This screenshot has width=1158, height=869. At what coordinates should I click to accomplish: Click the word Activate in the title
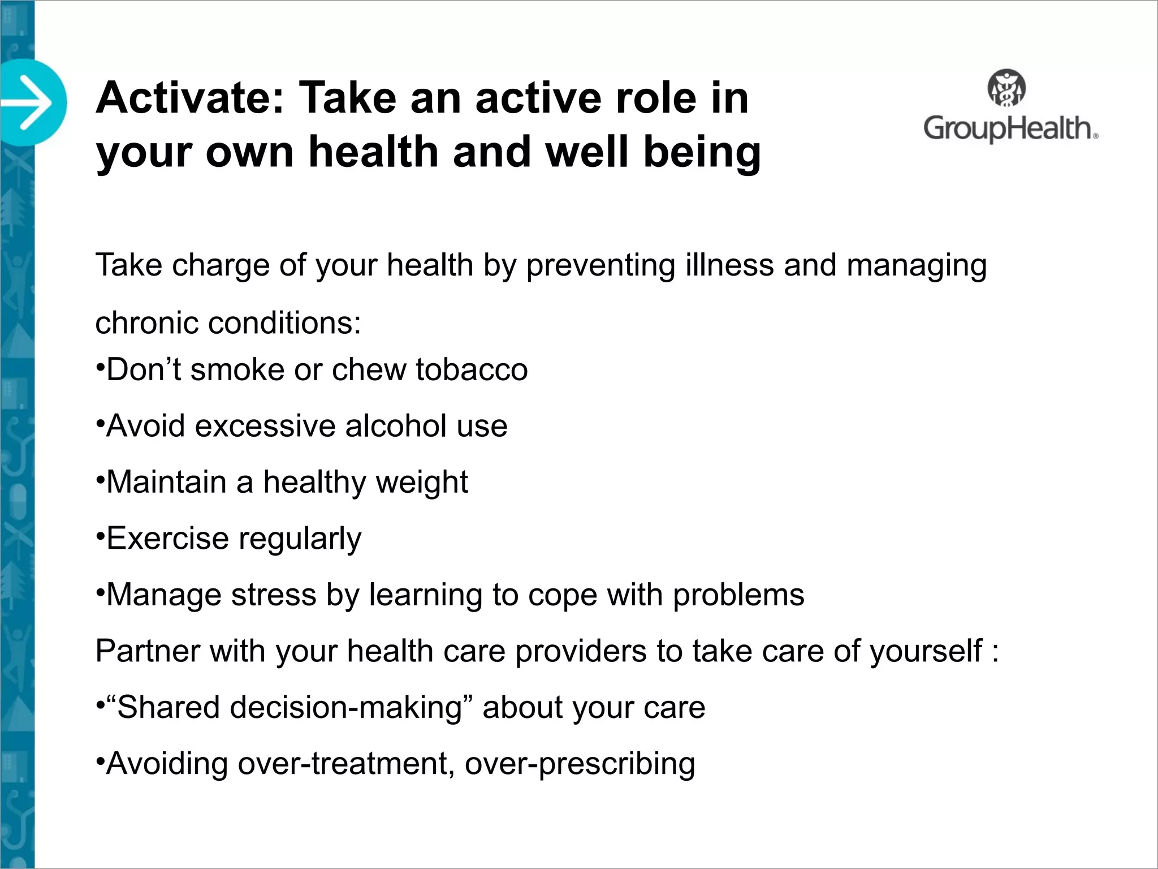(x=189, y=98)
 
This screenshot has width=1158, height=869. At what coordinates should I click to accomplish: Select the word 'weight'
(x=422, y=483)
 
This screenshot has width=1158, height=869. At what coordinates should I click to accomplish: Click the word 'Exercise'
(x=166, y=538)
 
